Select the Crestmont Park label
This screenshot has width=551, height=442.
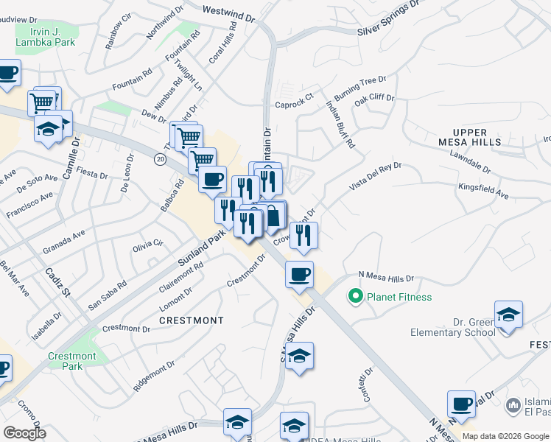(x=71, y=361)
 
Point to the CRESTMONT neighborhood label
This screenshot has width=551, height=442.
(x=192, y=320)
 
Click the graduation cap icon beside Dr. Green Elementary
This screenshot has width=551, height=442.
(x=509, y=315)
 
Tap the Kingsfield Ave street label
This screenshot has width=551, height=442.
(x=483, y=192)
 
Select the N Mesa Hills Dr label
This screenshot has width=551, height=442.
(x=386, y=278)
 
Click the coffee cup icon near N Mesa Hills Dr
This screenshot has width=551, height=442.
(x=300, y=274)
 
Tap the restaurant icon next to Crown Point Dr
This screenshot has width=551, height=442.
(x=303, y=235)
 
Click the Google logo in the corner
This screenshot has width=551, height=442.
(x=24, y=433)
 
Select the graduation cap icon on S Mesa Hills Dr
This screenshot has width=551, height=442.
(x=299, y=356)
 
